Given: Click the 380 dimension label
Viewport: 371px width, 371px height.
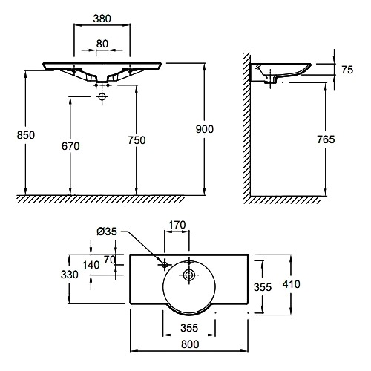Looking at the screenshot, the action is (x=102, y=19).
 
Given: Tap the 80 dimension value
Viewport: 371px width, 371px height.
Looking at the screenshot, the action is (x=102, y=44).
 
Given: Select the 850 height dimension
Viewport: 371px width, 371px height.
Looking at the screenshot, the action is (x=26, y=135).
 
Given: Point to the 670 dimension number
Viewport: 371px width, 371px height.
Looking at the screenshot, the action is (x=70, y=146).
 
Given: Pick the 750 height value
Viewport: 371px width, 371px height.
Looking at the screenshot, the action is (x=137, y=140).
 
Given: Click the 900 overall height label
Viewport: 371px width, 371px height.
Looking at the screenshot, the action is (x=204, y=129).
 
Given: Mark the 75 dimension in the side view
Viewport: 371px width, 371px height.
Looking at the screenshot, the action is (x=347, y=70).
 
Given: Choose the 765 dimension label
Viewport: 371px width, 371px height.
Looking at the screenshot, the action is (x=326, y=139).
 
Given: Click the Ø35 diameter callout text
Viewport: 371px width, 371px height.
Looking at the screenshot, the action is (x=107, y=232).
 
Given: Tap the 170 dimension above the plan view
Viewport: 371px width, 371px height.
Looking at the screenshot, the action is (x=177, y=225).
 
